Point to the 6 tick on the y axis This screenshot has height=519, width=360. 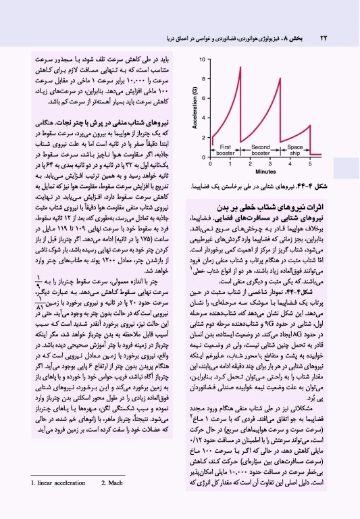click(x=205, y=99)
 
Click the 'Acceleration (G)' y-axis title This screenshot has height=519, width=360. click(x=195, y=109)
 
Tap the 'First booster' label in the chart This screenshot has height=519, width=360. click(x=226, y=149)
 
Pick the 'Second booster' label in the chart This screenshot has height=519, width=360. click(x=260, y=149)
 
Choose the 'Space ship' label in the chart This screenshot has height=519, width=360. click(x=295, y=149)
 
